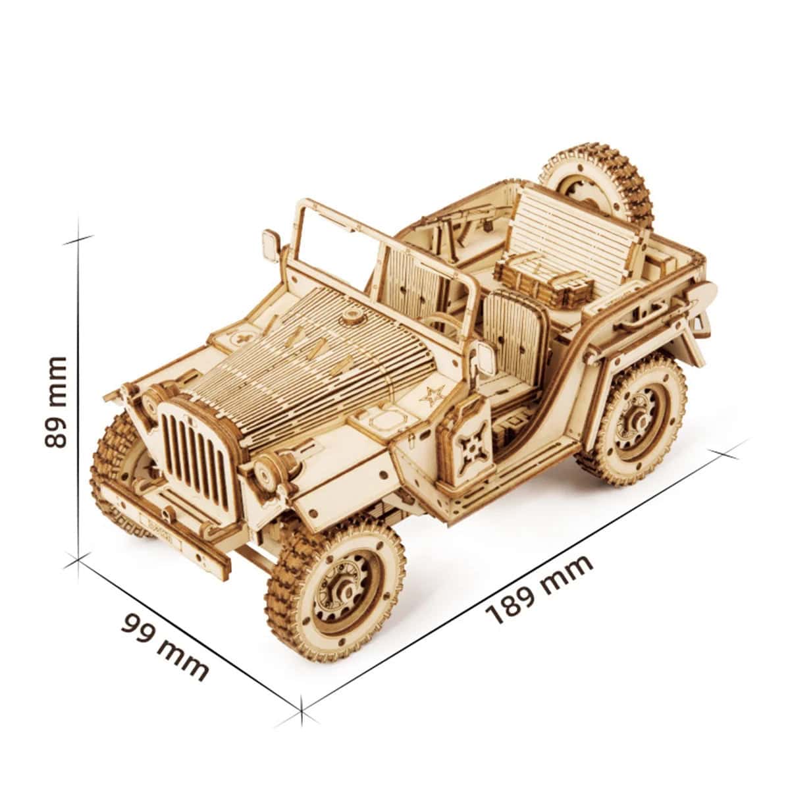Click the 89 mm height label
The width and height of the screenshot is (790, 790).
pyautogui.click(x=55, y=402)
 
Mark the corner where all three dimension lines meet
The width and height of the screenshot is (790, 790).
pyautogui.click(x=79, y=559)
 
